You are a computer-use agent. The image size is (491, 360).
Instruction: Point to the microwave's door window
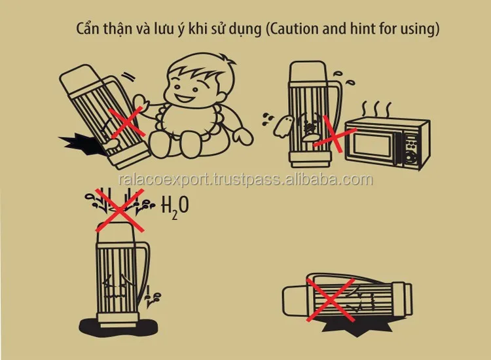pos(372,145)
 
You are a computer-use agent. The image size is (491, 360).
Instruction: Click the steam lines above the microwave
pos(376,109)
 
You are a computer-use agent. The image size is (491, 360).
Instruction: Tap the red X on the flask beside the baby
pos(128,122)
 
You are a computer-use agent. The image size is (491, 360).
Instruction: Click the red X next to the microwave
pos(334,135)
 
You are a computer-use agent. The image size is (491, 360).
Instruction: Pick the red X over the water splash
pos(119,210)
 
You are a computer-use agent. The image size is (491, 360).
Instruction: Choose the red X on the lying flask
pos(331,300)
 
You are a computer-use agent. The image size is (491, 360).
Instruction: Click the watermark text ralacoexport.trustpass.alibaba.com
pos(245,180)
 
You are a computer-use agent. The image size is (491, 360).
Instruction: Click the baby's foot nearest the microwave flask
pos(244,137)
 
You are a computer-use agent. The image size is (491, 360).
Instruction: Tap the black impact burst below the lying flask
pos(357,328)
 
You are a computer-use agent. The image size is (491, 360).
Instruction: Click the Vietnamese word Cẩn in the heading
pos(87,29)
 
